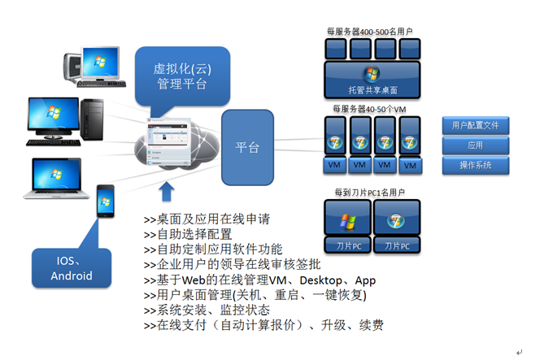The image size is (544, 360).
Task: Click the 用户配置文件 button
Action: [475, 125]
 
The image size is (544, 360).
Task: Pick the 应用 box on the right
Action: [475, 145]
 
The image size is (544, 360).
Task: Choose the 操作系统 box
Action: [475, 165]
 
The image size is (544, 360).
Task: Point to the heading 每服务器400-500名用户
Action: [370, 32]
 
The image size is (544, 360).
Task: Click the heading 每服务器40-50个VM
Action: [370, 108]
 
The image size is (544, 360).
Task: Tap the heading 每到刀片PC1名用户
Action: [370, 193]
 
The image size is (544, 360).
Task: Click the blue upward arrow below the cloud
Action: [168, 193]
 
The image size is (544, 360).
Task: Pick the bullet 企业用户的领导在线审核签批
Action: [232, 265]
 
